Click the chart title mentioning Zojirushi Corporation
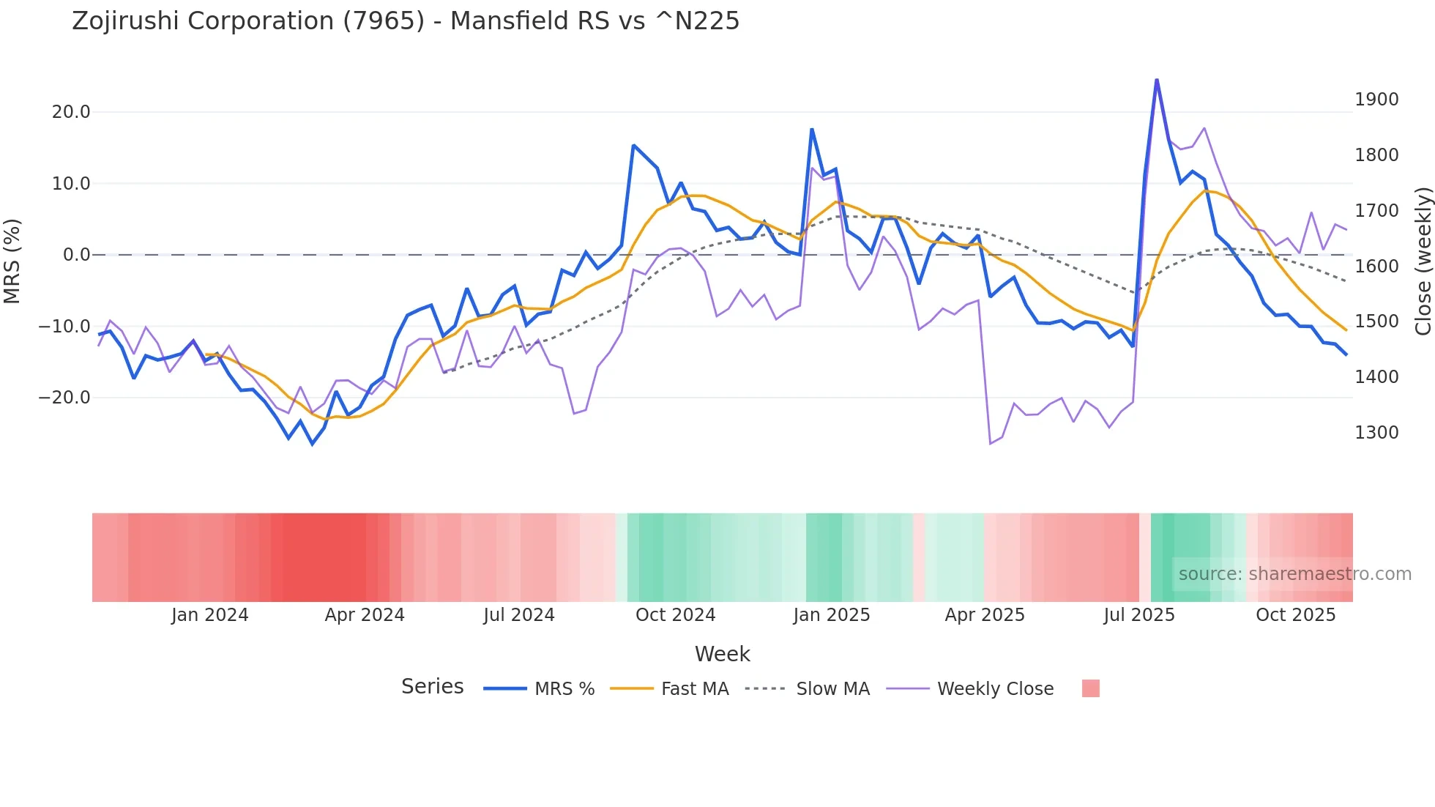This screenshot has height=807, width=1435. pyautogui.click(x=406, y=21)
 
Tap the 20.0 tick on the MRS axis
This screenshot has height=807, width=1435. pyautogui.click(x=70, y=112)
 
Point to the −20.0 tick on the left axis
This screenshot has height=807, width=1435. pyautogui.click(x=64, y=398)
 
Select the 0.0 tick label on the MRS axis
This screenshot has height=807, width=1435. pyautogui.click(x=76, y=255)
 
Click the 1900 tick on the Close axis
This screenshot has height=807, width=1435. pyautogui.click(x=1376, y=100)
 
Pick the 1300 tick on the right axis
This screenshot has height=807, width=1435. pyautogui.click(x=1376, y=433)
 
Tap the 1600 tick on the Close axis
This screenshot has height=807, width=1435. pyautogui.click(x=1376, y=267)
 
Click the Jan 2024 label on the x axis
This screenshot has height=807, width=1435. pyautogui.click(x=209, y=615)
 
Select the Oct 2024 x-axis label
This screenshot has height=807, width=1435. pyautogui.click(x=675, y=615)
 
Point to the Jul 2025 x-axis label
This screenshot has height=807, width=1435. pyautogui.click(x=1138, y=615)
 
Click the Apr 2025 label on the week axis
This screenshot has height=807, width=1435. pyautogui.click(x=985, y=615)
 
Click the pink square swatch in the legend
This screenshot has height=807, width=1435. pyautogui.click(x=1090, y=688)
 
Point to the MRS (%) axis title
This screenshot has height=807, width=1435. pyautogui.click(x=12, y=261)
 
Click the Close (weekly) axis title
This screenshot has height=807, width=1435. pyautogui.click(x=1423, y=261)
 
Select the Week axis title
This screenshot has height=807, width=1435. pyautogui.click(x=722, y=654)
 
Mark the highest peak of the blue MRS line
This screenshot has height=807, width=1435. pyautogui.click(x=1156, y=80)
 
